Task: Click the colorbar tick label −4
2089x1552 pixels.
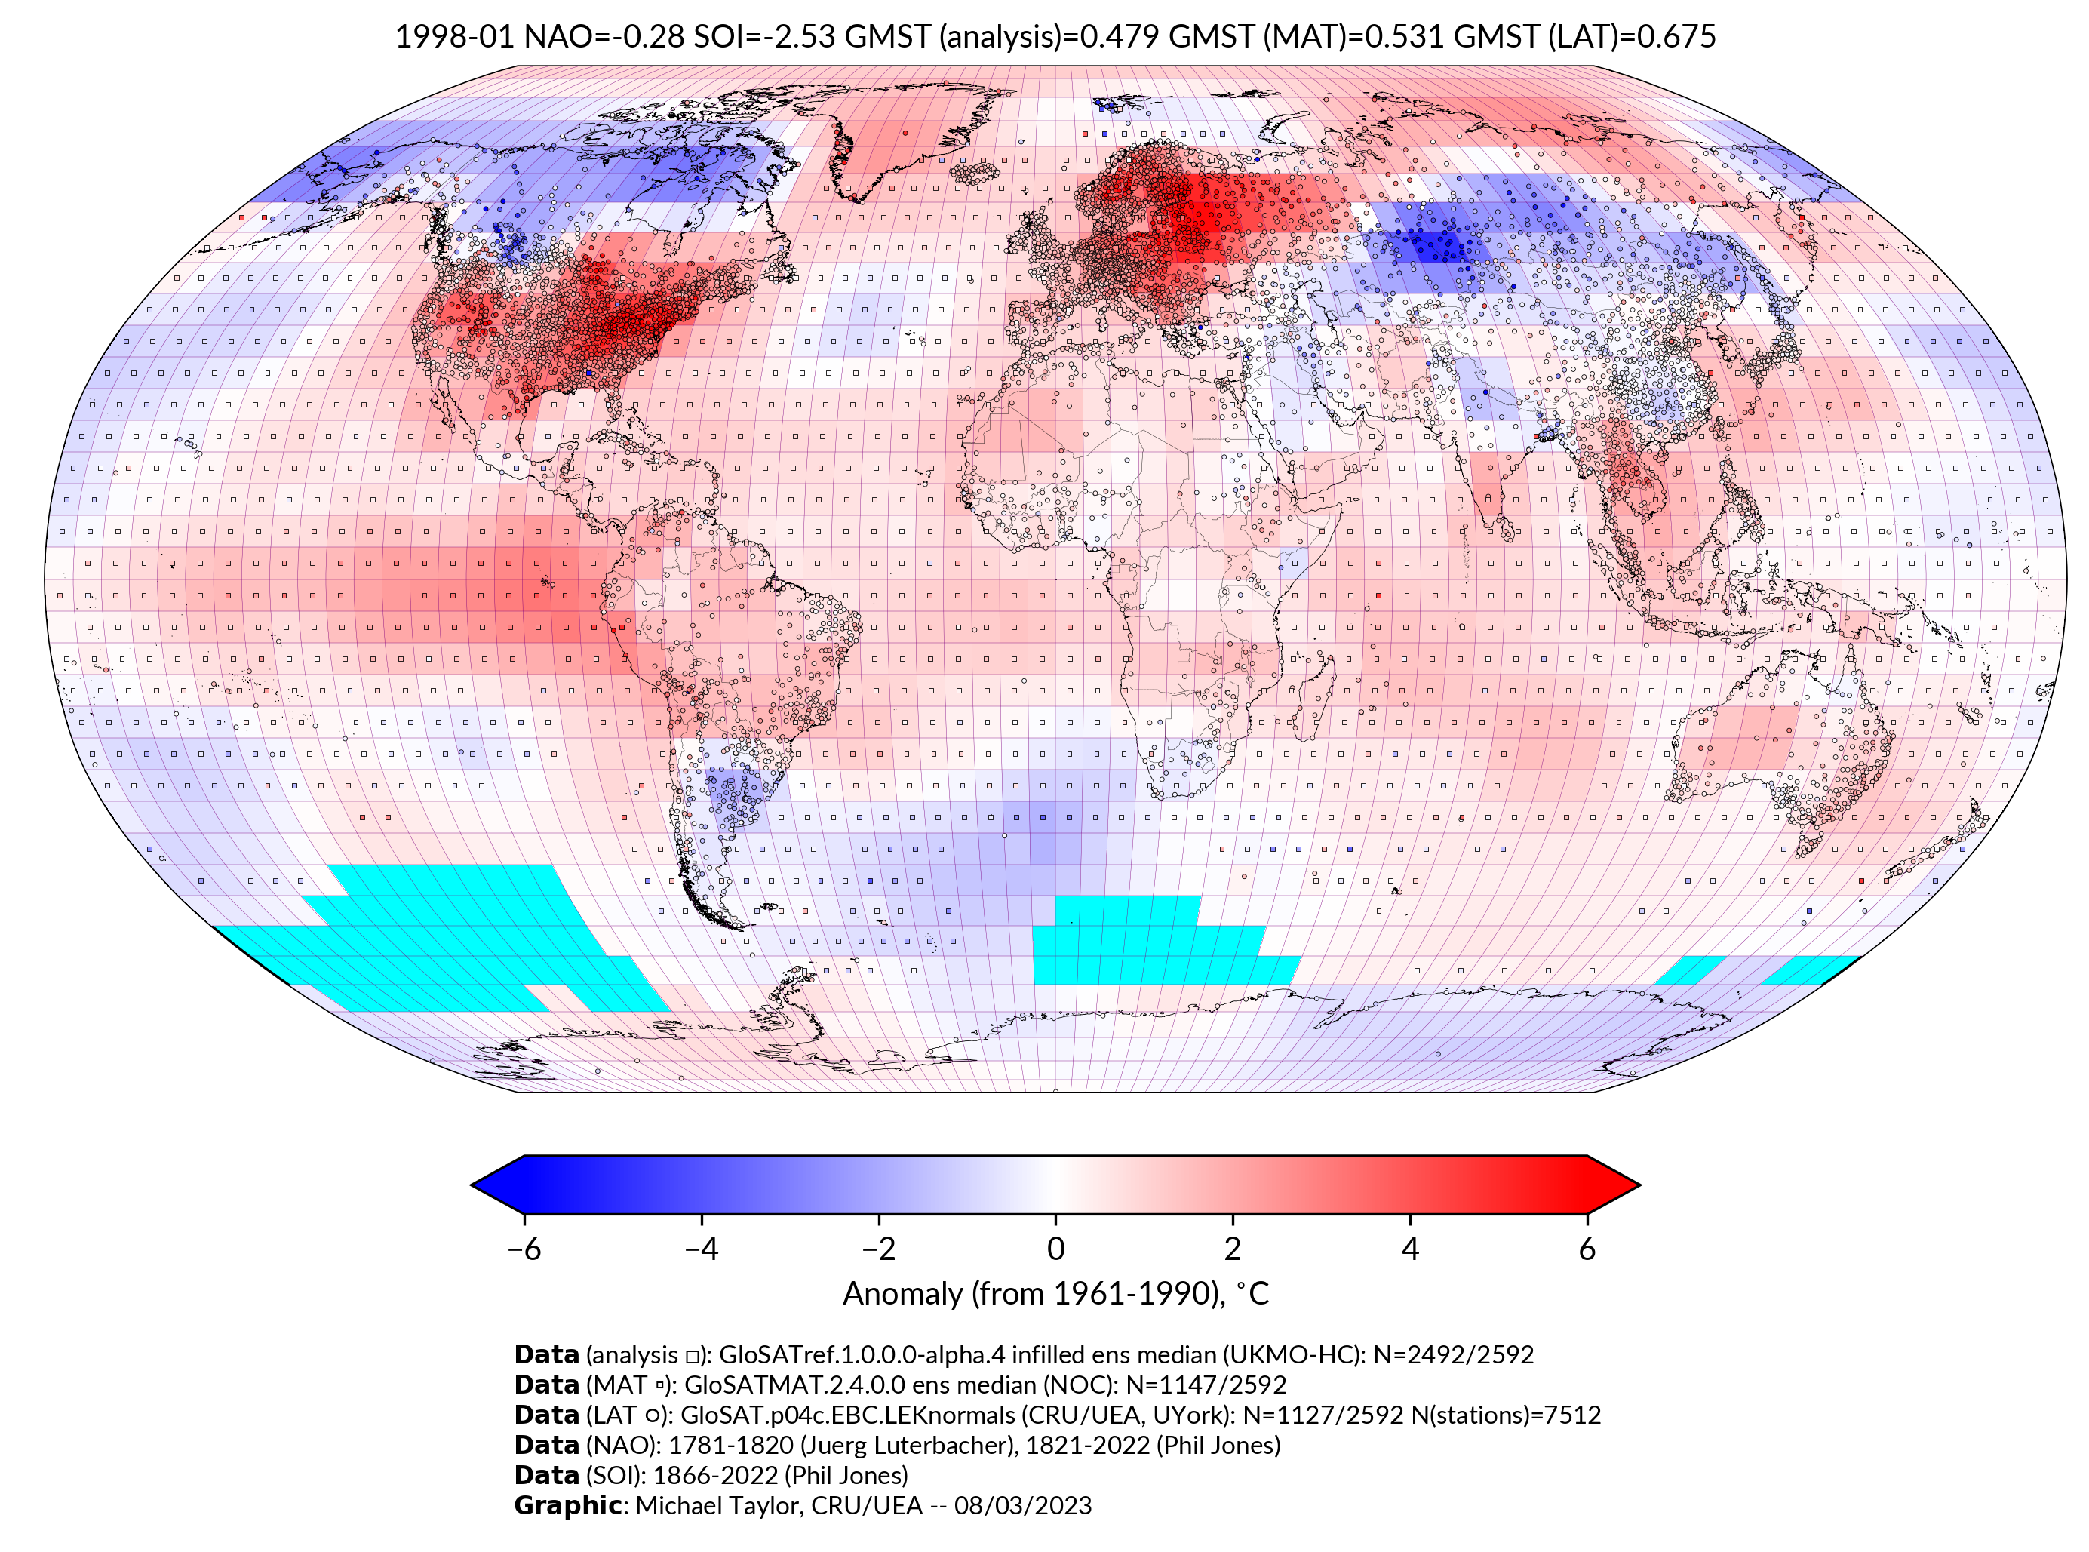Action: pos(701,1249)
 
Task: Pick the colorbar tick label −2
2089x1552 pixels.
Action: pos(878,1249)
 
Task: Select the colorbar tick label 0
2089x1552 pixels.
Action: pos(1055,1249)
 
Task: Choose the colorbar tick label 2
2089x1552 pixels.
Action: pos(1233,1249)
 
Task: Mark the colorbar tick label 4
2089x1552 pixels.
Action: pos(1410,1249)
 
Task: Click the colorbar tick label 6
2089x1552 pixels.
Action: pos(1587,1249)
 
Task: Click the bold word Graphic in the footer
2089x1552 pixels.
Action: pos(567,1505)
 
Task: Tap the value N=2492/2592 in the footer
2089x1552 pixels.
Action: pos(1453,1355)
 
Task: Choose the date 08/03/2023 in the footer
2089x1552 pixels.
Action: pos(1023,1505)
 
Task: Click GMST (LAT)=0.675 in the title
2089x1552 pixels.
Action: pos(1584,37)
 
